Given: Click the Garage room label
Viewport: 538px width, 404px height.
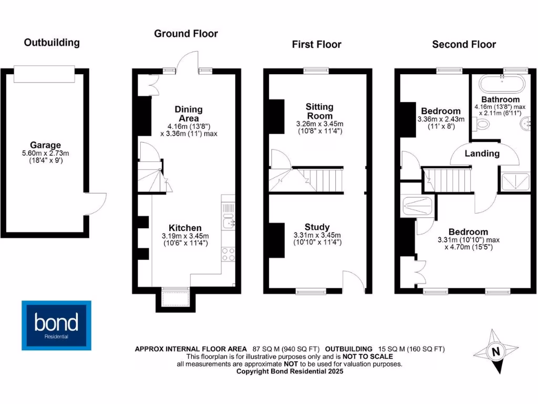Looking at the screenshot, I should [x=45, y=145].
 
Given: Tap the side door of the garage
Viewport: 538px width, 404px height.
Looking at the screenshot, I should [x=96, y=203].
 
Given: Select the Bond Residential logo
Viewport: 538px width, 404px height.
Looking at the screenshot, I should [x=56, y=325].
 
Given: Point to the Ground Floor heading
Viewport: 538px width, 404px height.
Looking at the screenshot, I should [x=185, y=34].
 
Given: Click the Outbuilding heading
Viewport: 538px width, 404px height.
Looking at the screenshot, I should [x=52, y=43].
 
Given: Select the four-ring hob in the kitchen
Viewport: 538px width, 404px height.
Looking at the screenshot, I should [x=229, y=255].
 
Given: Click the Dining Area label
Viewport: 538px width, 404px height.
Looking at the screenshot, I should [x=188, y=114].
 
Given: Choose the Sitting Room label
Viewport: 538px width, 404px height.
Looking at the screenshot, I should [x=319, y=111].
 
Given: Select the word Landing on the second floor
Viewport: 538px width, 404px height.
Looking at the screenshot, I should [x=482, y=154].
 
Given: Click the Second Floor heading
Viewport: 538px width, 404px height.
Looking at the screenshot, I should [x=463, y=44].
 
